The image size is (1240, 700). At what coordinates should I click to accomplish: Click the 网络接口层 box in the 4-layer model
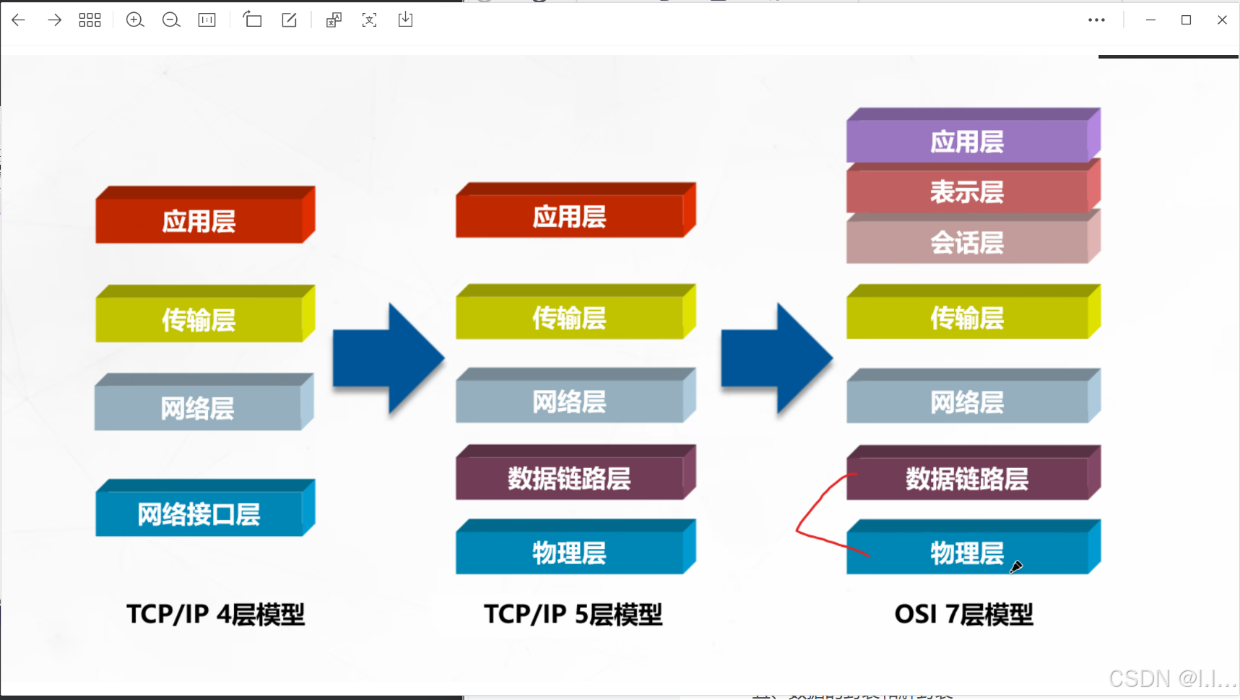pyautogui.click(x=199, y=514)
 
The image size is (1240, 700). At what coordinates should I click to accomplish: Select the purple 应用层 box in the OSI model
pyautogui.click(x=967, y=142)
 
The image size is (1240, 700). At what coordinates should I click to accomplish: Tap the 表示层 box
pyautogui.click(x=967, y=192)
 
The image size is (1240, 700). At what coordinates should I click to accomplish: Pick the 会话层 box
pyautogui.click(x=967, y=243)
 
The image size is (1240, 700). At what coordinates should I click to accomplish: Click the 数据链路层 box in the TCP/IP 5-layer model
pyautogui.click(x=569, y=478)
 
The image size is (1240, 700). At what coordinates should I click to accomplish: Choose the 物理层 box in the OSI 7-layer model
pyautogui.click(x=967, y=553)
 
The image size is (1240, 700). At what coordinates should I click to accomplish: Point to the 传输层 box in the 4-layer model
pyautogui.click(x=199, y=319)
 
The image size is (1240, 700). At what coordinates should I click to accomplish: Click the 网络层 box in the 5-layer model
pyautogui.click(x=569, y=402)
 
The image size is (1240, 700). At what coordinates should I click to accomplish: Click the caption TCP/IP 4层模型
pyautogui.click(x=215, y=614)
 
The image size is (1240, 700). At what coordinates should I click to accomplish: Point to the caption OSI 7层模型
pyautogui.click(x=963, y=614)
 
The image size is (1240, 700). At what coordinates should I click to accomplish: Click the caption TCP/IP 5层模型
pyautogui.click(x=573, y=614)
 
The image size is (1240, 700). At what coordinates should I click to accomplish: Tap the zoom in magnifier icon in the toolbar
pyautogui.click(x=135, y=20)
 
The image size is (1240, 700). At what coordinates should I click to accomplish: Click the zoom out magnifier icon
pyautogui.click(x=171, y=20)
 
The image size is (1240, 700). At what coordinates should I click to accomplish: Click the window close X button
pyautogui.click(x=1222, y=20)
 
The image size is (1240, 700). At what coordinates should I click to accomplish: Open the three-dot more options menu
pyautogui.click(x=1096, y=20)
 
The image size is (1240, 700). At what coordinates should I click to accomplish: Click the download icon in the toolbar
pyautogui.click(x=405, y=20)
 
